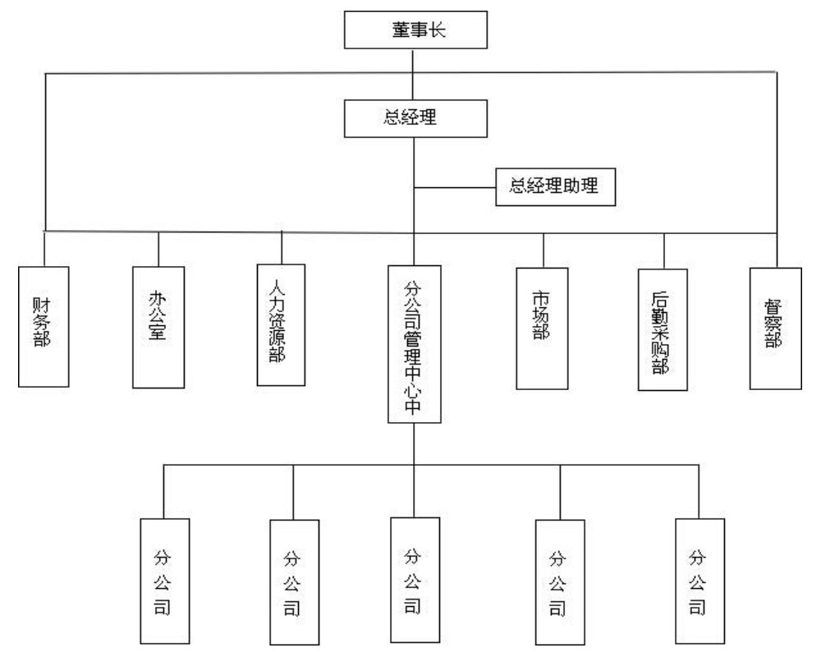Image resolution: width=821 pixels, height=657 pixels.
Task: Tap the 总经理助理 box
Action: (555, 188)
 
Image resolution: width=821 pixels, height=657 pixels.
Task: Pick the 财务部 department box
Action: (44, 325)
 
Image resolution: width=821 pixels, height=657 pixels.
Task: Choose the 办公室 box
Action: (158, 326)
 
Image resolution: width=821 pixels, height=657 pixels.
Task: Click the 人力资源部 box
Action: (281, 324)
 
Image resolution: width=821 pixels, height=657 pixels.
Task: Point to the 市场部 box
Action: (542, 328)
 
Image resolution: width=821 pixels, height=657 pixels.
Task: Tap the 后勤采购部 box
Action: (663, 331)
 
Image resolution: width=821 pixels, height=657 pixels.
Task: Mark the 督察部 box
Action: (774, 327)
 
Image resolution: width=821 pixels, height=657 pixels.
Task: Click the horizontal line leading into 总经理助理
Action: (456, 188)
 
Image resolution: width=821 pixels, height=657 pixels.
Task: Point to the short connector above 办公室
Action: (158, 248)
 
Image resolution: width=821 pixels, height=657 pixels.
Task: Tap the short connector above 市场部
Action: (542, 250)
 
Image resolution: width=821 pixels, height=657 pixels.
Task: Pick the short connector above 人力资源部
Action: (281, 246)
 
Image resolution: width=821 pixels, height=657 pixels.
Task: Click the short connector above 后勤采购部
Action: (663, 250)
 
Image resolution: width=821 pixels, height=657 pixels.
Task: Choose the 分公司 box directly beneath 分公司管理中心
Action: (415, 579)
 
